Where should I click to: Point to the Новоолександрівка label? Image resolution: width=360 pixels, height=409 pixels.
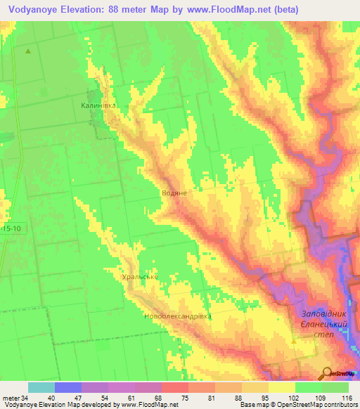177,316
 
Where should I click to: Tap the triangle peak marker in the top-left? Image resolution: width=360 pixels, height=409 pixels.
28,51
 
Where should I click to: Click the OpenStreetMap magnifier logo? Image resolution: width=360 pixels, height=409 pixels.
328,372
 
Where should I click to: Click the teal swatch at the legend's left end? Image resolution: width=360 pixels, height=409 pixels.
41,387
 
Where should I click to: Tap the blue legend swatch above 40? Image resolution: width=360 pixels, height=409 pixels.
68,387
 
